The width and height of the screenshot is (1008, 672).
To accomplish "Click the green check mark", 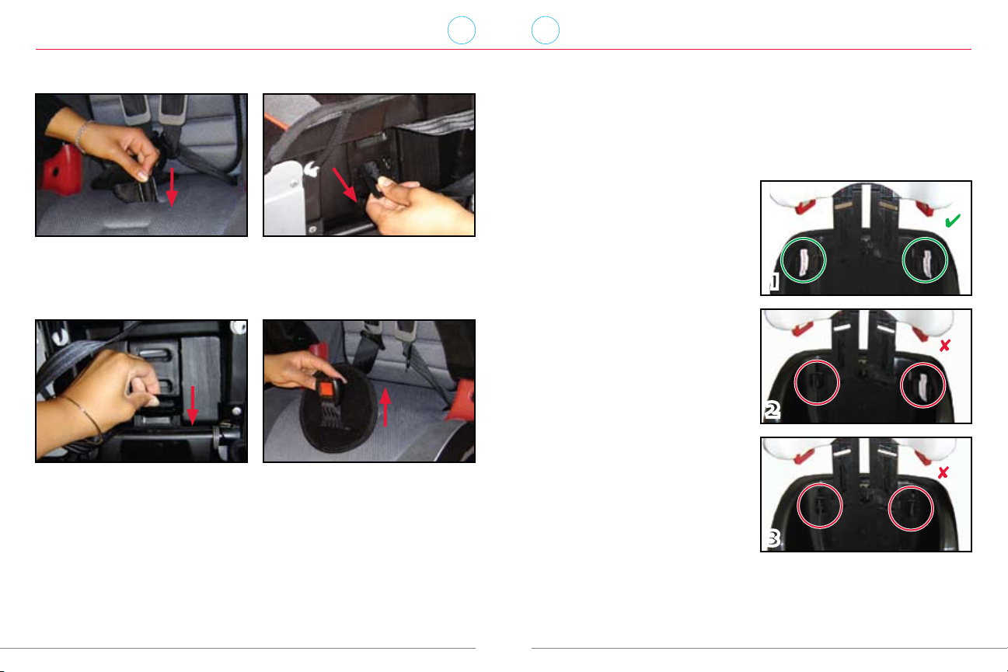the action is click(952, 221).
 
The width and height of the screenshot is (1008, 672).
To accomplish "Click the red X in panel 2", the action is click(944, 346).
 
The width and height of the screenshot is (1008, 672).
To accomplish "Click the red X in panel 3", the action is click(943, 473).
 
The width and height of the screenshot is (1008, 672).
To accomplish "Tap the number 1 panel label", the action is click(773, 282).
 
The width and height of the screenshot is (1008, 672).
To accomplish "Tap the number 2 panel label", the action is click(773, 409).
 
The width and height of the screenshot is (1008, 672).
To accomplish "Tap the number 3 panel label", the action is click(773, 538).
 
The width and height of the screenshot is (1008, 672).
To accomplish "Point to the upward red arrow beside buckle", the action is click(385, 407).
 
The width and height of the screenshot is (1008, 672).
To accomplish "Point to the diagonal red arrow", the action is click(345, 185).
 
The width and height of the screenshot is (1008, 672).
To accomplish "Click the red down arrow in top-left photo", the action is click(172, 187).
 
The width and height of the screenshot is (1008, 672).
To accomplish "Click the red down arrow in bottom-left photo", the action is click(193, 406).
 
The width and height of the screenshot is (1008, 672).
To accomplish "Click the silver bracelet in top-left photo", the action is click(81, 136).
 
